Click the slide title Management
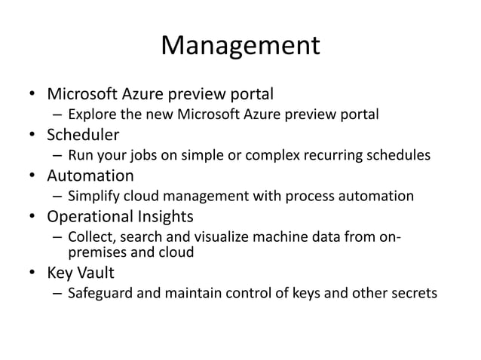pos(240,47)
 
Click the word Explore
pos(92,116)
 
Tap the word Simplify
pos(96,197)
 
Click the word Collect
pos(92,238)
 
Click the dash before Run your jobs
pos(57,157)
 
